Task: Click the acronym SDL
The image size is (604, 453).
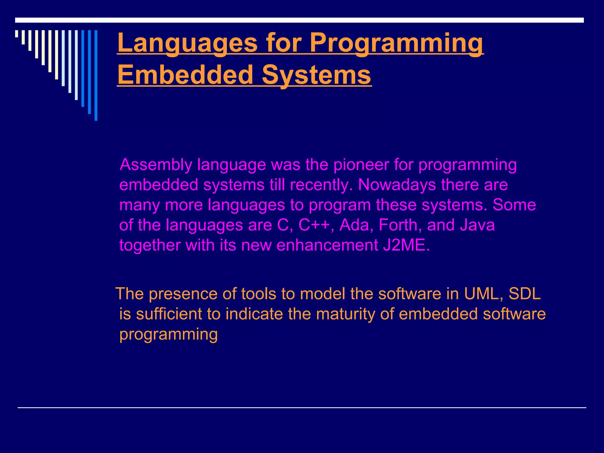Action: click(x=525, y=294)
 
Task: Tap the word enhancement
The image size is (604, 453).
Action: click(x=327, y=245)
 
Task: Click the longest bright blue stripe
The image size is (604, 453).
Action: click(x=96, y=75)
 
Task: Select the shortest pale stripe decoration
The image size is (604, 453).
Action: click(x=17, y=34)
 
